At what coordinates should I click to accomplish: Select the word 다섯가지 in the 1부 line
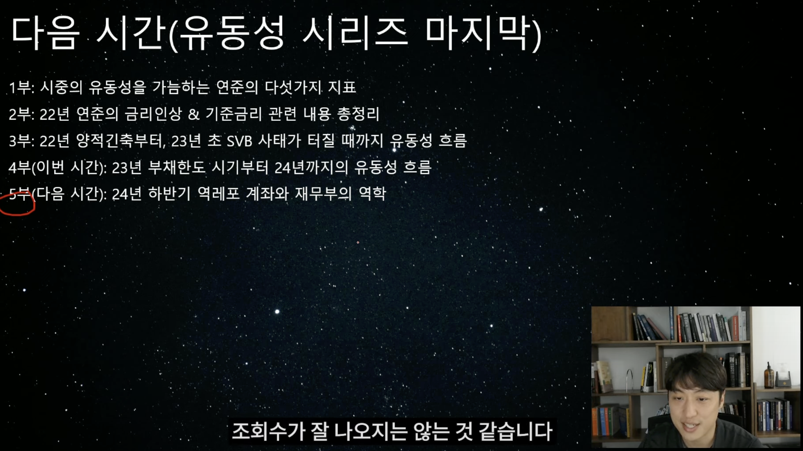click(x=293, y=87)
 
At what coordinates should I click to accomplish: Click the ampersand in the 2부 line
click(x=194, y=114)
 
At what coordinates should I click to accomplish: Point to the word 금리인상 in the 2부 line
click(x=153, y=114)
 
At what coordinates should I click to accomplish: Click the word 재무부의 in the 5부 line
click(x=323, y=194)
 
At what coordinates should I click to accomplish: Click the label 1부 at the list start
click(x=20, y=88)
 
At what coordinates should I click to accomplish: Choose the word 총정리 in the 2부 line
click(x=358, y=114)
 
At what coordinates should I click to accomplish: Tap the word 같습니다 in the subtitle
click(x=516, y=431)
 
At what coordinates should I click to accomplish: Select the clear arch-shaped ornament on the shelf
click(x=629, y=380)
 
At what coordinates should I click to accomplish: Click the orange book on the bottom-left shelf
click(x=595, y=422)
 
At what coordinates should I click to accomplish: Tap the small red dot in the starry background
click(x=358, y=242)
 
